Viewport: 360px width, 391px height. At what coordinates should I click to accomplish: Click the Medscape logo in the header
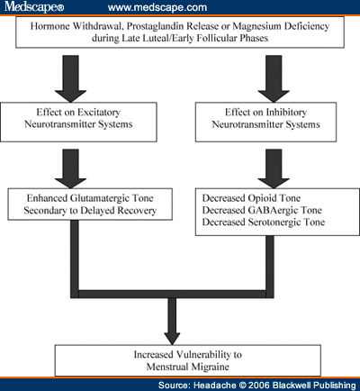point(34,6)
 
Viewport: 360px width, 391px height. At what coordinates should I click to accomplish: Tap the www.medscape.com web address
point(157,7)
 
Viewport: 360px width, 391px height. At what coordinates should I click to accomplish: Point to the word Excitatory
point(99,113)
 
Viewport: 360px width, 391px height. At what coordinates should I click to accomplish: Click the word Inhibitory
point(286,113)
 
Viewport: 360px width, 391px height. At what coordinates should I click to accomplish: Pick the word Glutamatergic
point(101,198)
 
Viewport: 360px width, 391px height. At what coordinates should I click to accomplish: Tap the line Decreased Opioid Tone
point(251,198)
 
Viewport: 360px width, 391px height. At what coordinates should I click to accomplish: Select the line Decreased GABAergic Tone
point(262,210)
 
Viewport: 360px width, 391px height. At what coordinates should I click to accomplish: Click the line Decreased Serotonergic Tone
point(264,223)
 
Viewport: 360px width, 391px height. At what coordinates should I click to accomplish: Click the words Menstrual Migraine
point(188,367)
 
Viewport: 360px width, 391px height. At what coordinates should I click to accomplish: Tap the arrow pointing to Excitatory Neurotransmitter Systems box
point(71,78)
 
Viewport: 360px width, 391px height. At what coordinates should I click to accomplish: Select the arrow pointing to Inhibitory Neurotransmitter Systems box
point(274,78)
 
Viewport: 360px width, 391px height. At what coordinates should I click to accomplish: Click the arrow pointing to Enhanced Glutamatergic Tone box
point(71,168)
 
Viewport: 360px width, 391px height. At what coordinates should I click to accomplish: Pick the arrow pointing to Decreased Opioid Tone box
point(274,168)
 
